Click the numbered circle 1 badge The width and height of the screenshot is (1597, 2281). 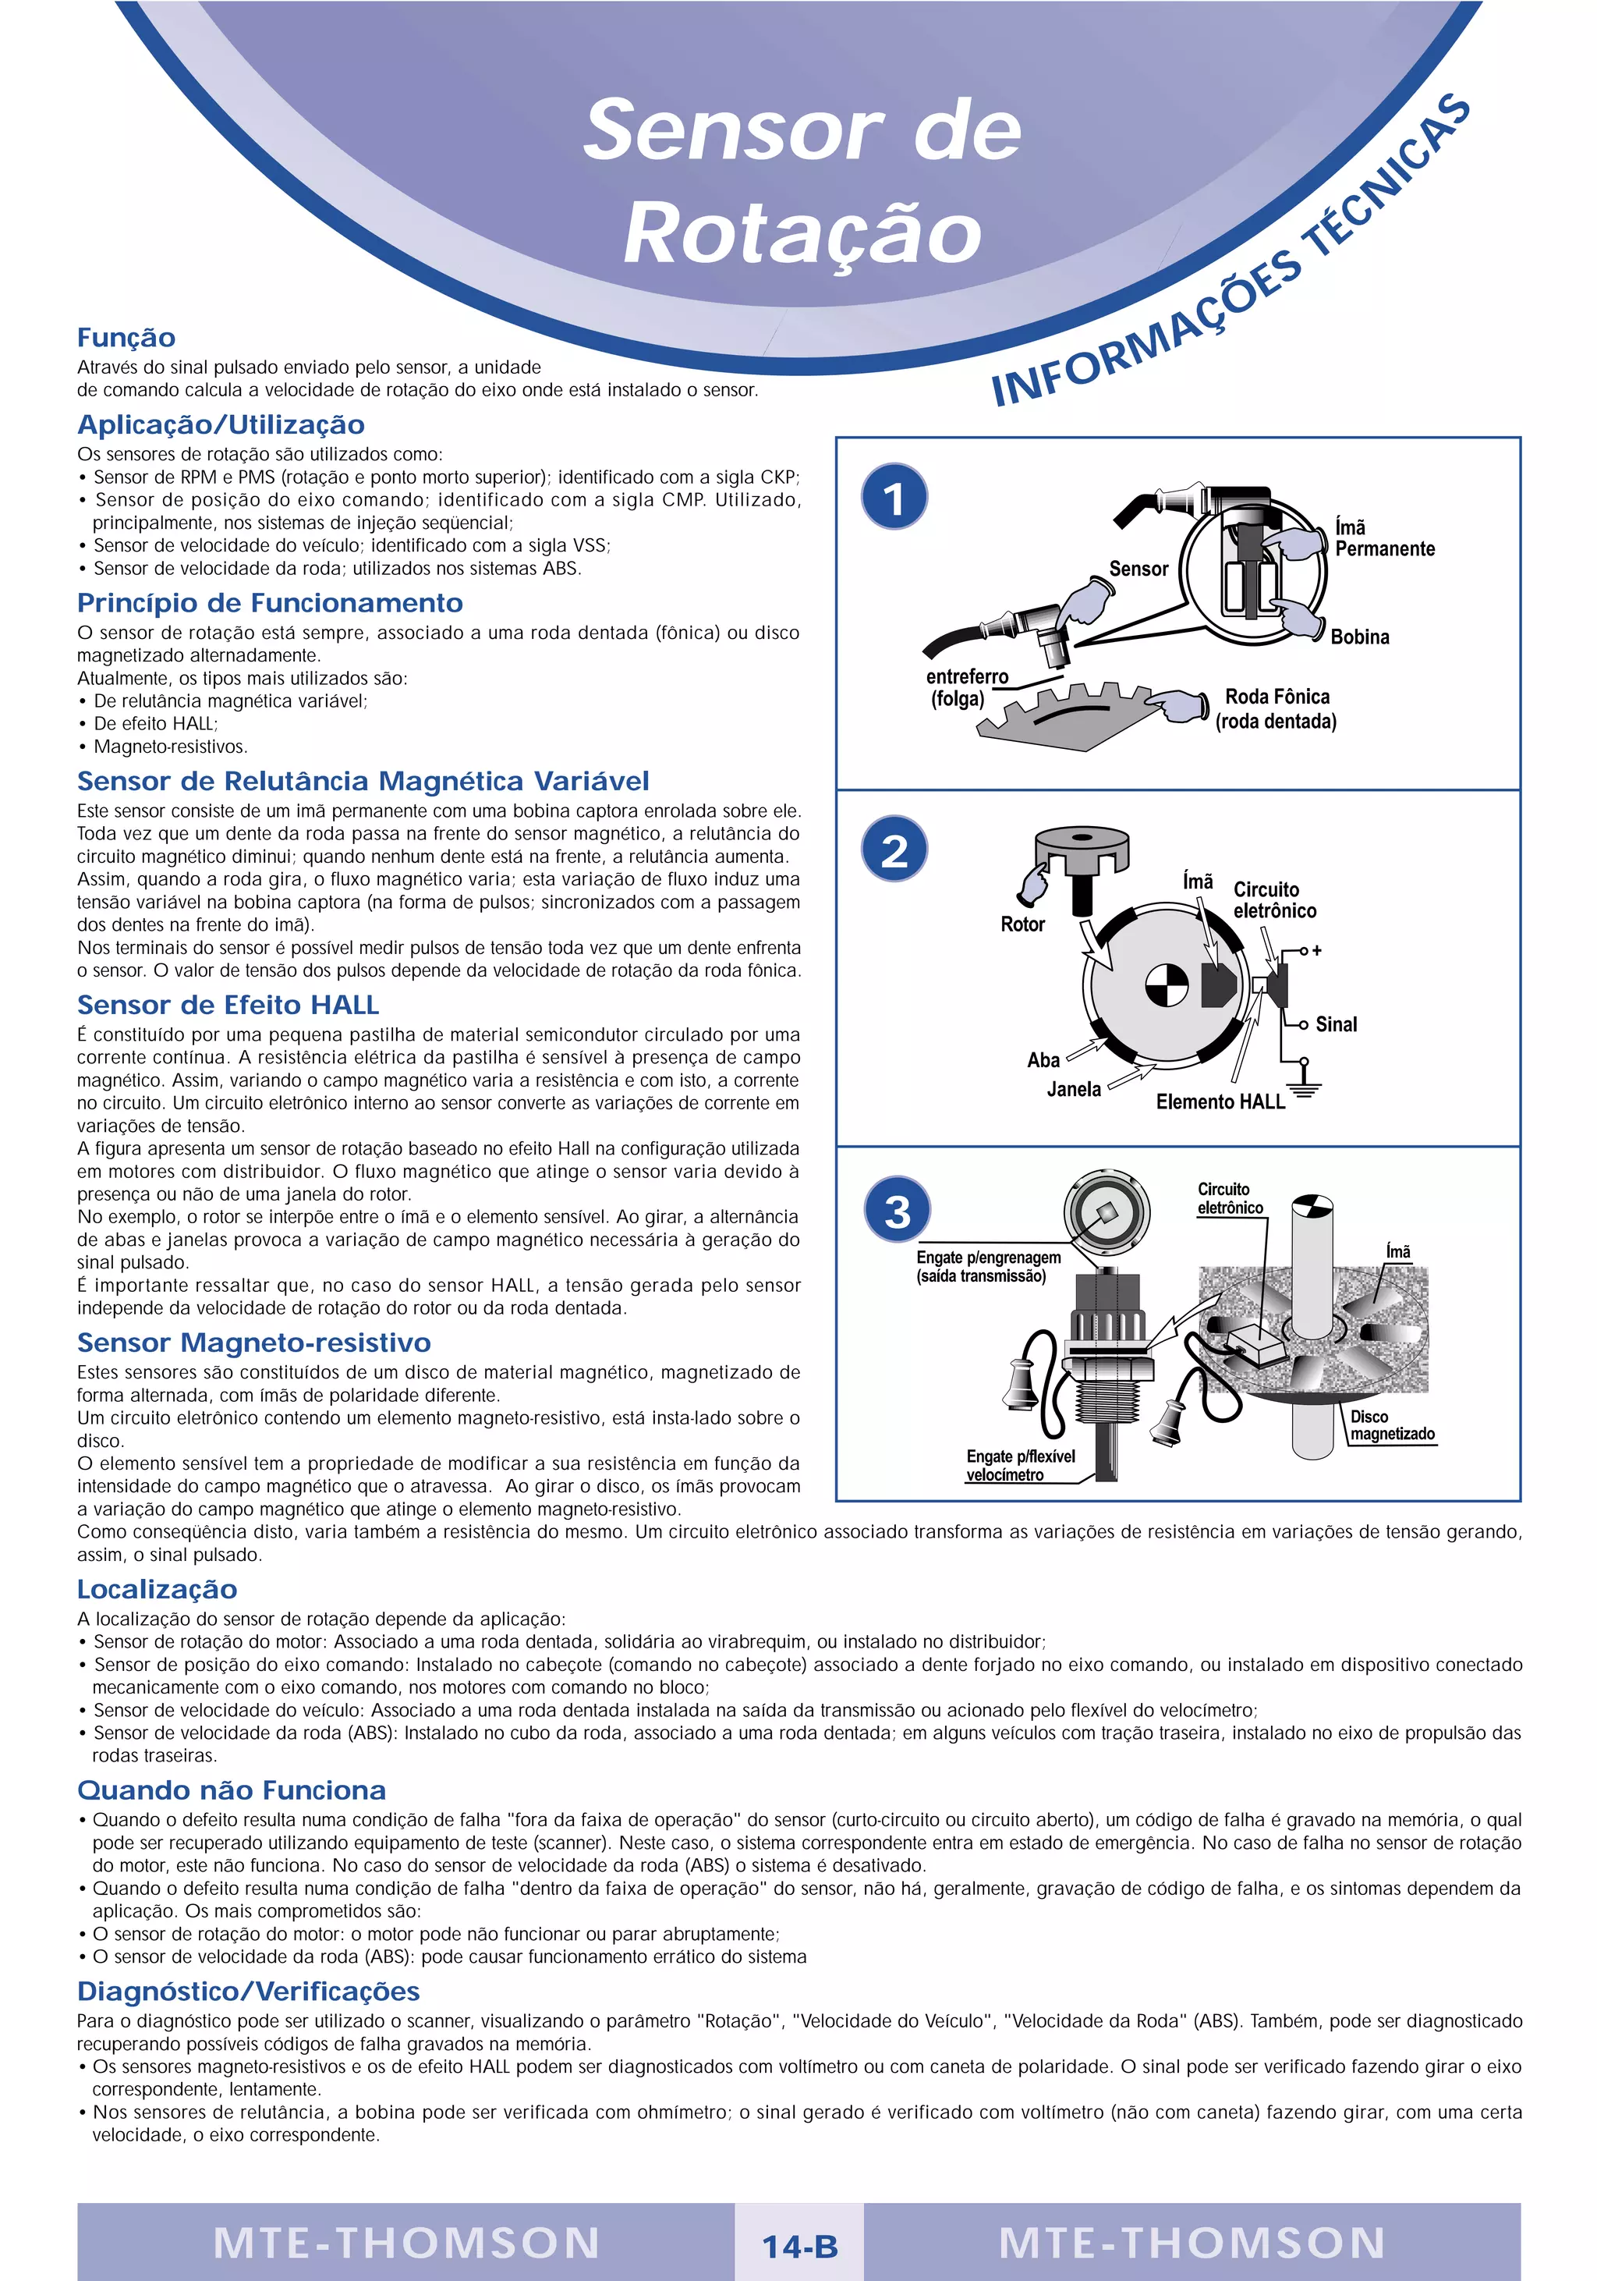894,497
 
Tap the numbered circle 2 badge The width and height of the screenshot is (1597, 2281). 894,850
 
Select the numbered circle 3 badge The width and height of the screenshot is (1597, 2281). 897,1210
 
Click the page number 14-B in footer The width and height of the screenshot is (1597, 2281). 799,2246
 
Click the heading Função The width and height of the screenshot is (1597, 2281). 126,338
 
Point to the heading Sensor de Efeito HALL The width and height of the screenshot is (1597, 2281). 228,1005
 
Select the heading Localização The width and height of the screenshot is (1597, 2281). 157,1588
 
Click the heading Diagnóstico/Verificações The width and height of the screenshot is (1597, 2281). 248,1991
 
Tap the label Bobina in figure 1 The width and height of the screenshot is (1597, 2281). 1358,637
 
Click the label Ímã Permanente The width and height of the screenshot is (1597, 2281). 1383,538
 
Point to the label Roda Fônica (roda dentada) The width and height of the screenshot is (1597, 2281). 1277,708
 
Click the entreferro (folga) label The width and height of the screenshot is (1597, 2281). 965,687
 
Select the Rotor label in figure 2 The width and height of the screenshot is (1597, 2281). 1022,924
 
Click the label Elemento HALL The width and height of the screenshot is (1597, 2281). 1220,1101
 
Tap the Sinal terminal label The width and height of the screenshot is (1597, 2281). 1335,1024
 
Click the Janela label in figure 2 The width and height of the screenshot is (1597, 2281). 1073,1089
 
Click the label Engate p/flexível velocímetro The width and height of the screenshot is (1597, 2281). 1020,1464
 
